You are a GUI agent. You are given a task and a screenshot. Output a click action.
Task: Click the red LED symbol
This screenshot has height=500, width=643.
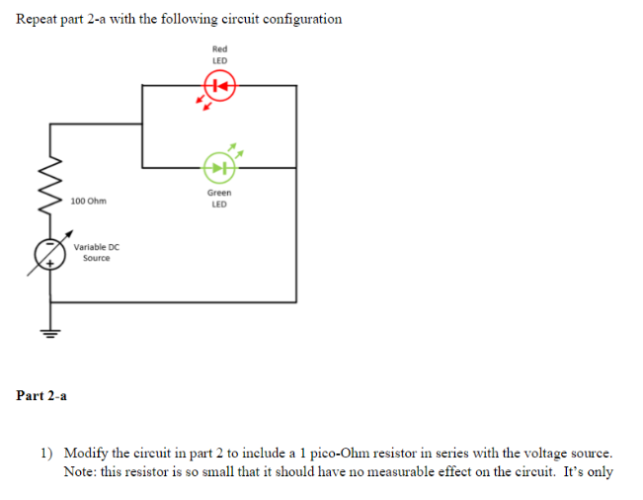[219, 87]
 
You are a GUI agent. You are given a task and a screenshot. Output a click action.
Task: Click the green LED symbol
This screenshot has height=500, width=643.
[218, 167]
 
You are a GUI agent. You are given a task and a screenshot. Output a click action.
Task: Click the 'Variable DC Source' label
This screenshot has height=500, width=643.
[97, 252]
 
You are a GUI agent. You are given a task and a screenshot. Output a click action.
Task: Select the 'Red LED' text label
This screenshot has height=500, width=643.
[219, 54]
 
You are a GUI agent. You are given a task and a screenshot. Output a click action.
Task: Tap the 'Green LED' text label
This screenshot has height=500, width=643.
[219, 199]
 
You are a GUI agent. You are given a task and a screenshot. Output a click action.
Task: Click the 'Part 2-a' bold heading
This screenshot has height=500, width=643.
[41, 396]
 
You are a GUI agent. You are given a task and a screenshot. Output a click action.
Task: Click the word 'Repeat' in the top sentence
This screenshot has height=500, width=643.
[40, 19]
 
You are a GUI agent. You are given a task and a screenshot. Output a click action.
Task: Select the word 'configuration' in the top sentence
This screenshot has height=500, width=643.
[299, 19]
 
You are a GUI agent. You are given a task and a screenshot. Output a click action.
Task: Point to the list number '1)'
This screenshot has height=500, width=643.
[46, 453]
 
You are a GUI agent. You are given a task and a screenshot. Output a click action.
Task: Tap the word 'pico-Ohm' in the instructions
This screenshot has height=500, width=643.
[337, 453]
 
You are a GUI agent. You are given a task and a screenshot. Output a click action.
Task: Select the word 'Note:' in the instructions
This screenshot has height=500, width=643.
[81, 471]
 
